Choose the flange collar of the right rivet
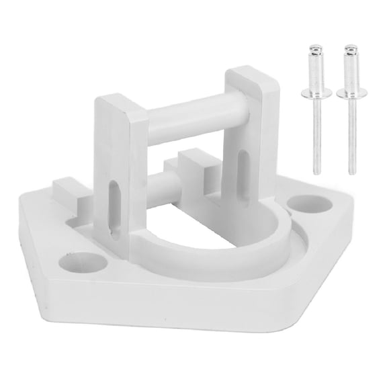point(349,95)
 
